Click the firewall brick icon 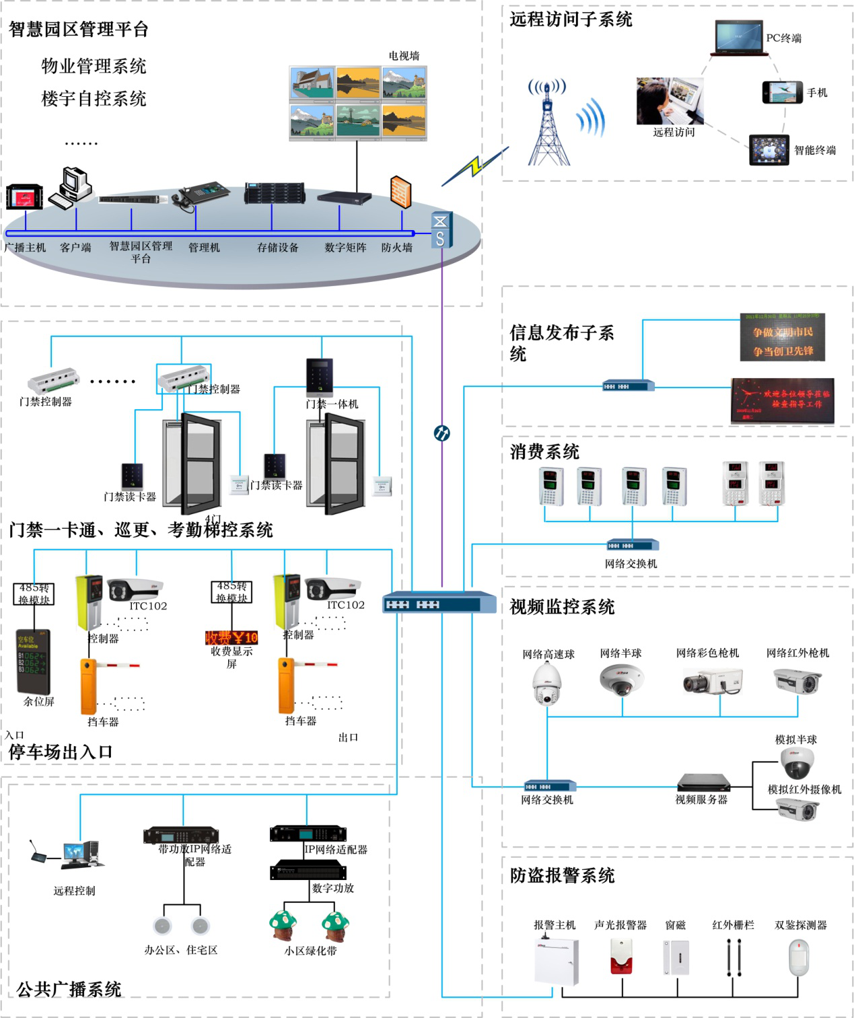[x=400, y=192]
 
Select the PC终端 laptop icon [x=738, y=38]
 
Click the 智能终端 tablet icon [x=769, y=150]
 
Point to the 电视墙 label [x=404, y=56]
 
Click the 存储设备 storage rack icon [x=275, y=193]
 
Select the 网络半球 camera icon [x=622, y=680]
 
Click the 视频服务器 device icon [x=703, y=783]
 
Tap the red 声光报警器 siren [x=622, y=956]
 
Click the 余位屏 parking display [x=34, y=662]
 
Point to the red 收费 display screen [x=232, y=637]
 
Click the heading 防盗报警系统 [x=562, y=875]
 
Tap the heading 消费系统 [x=544, y=451]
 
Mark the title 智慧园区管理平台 [x=78, y=29]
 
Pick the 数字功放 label [x=332, y=888]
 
